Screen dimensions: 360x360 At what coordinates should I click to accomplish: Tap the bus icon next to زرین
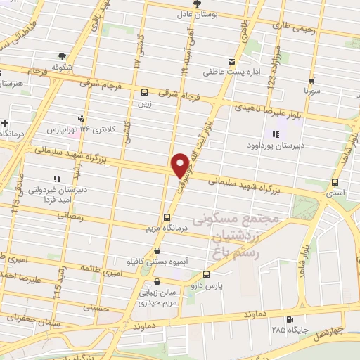(144, 92)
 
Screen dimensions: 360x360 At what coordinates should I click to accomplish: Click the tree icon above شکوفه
(63, 56)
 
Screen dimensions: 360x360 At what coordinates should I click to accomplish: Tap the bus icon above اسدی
(335, 181)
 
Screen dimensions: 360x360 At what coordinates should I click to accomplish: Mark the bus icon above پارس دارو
(206, 274)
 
